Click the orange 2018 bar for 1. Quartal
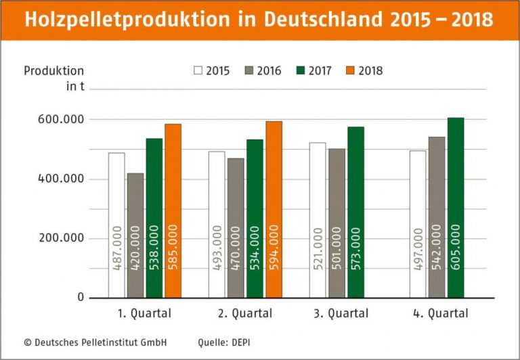173,210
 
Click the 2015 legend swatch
198,70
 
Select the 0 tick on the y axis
80,298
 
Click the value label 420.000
135,258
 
